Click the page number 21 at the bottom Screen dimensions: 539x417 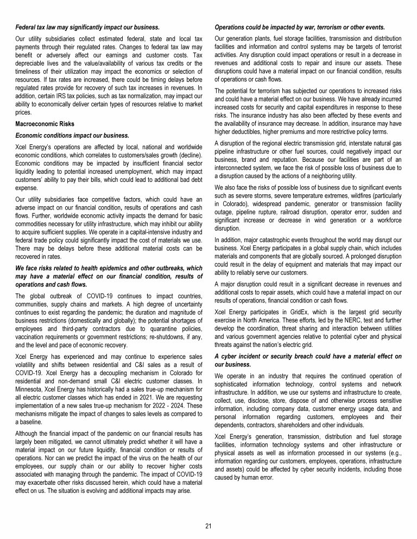click(208, 525)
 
